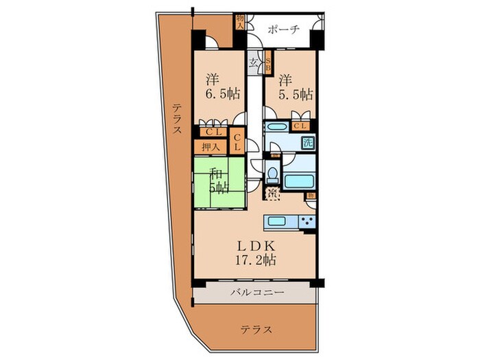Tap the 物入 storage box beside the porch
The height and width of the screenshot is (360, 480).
coord(240,22)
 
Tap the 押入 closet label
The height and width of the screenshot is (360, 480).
coord(210,146)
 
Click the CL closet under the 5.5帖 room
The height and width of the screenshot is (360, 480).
coord(299,126)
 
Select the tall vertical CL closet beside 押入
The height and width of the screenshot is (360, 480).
coord(237,143)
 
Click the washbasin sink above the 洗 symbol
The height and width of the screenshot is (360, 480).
coord(276,128)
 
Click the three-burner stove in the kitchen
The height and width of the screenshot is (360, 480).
coord(307,221)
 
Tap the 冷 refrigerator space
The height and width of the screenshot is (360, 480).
coord(272,194)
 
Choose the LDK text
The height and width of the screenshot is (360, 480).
coord(256,246)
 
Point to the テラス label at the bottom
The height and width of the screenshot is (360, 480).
coord(256,330)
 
